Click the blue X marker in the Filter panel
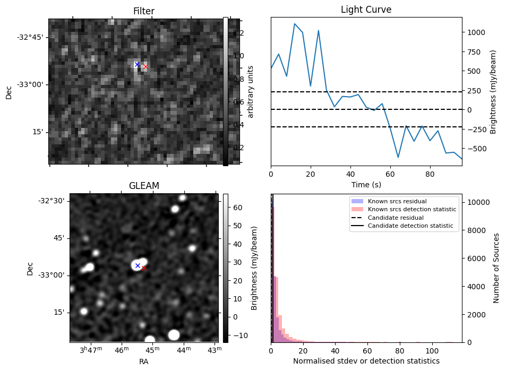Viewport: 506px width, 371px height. coord(136,64)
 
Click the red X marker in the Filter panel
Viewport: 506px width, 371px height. coord(145,66)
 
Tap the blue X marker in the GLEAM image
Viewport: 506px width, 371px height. coord(138,265)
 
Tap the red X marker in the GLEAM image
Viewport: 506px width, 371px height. coord(143,269)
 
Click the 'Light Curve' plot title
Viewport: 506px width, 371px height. coord(366,10)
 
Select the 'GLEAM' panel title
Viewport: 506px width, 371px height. coord(144,186)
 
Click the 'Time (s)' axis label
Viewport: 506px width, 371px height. coord(366,185)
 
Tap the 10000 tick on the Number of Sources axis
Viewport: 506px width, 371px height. coord(476,202)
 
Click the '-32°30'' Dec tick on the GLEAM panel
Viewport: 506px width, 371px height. coord(51,201)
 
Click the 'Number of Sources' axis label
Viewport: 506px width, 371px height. coord(496,268)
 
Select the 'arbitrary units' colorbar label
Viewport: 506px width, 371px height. coord(251,92)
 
